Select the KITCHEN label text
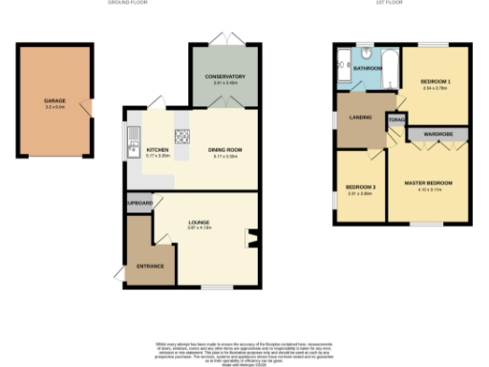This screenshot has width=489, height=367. (x=158, y=149)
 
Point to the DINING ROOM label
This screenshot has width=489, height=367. (x=225, y=149)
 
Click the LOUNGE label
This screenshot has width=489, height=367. (x=199, y=222)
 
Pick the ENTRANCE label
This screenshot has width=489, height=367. (x=150, y=265)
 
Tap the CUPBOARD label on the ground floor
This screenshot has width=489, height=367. (x=139, y=204)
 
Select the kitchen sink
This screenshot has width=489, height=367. (x=131, y=148)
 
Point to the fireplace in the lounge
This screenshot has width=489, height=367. (x=251, y=237)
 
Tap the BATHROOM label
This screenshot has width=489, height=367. (x=368, y=69)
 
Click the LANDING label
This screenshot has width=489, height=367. (x=359, y=119)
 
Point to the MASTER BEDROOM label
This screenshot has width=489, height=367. (x=428, y=182)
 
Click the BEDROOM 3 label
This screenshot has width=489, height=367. (x=358, y=186)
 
